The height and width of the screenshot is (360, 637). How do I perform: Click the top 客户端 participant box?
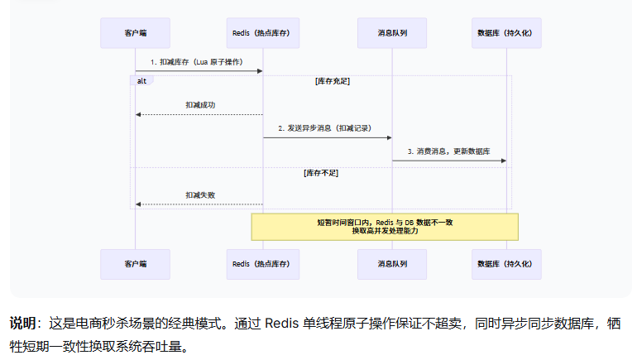pyautogui.click(x=135, y=32)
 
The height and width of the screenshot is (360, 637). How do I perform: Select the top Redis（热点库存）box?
pyautogui.click(x=262, y=32)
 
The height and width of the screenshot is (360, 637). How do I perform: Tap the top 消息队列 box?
pyautogui.click(x=391, y=32)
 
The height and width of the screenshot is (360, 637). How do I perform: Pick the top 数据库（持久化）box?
pyautogui.click(x=506, y=32)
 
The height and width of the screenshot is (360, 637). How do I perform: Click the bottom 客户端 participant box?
pyautogui.click(x=135, y=264)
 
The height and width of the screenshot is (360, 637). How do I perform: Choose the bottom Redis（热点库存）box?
pyautogui.click(x=262, y=264)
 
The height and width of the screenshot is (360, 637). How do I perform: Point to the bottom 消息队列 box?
pyautogui.click(x=391, y=264)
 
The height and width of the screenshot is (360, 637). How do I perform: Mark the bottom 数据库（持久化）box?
pyautogui.click(x=506, y=264)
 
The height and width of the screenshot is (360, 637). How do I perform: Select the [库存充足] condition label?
pyautogui.click(x=332, y=81)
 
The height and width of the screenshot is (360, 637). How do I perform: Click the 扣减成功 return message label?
pyautogui.click(x=199, y=105)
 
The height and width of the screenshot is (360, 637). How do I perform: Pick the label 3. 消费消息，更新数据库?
pyautogui.click(x=448, y=151)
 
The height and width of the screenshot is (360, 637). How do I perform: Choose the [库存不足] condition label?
pyautogui.click(x=321, y=173)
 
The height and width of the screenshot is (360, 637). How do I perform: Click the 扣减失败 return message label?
pyautogui.click(x=199, y=195)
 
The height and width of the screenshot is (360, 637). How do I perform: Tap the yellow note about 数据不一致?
pyautogui.click(x=385, y=227)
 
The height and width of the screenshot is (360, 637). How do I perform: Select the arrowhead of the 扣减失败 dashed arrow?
pyautogui.click(x=138, y=204)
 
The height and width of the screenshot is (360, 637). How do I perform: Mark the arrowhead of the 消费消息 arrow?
pyautogui.click(x=503, y=161)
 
